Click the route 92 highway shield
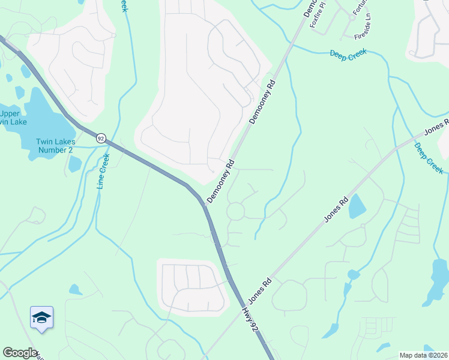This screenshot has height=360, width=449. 101,138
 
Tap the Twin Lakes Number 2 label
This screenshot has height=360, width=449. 56,145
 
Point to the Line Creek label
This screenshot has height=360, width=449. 104,172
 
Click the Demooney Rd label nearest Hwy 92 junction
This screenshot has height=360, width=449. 220,181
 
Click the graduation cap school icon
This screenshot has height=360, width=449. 41,317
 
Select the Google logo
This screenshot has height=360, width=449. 20,353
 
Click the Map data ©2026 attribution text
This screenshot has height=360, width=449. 423,355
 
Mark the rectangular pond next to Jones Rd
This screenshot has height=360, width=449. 357,206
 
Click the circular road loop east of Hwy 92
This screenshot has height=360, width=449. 235,211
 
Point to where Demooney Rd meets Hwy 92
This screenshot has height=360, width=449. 205,204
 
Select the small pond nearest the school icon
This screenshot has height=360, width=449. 75,290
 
